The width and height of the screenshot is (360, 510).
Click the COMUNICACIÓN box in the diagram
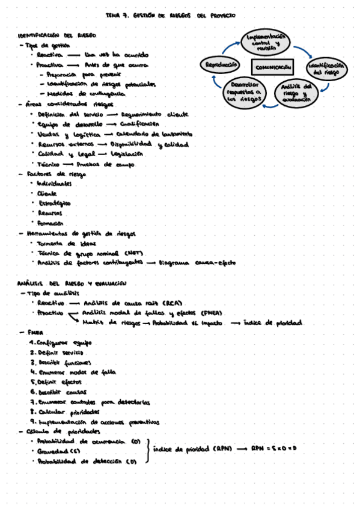click(272, 68)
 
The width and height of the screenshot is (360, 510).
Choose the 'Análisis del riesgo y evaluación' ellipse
click(296, 94)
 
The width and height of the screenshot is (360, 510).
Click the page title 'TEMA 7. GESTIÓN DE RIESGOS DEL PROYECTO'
click(170, 16)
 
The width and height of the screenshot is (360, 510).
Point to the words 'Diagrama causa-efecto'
click(198, 263)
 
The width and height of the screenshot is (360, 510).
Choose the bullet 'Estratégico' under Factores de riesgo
click(54, 203)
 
